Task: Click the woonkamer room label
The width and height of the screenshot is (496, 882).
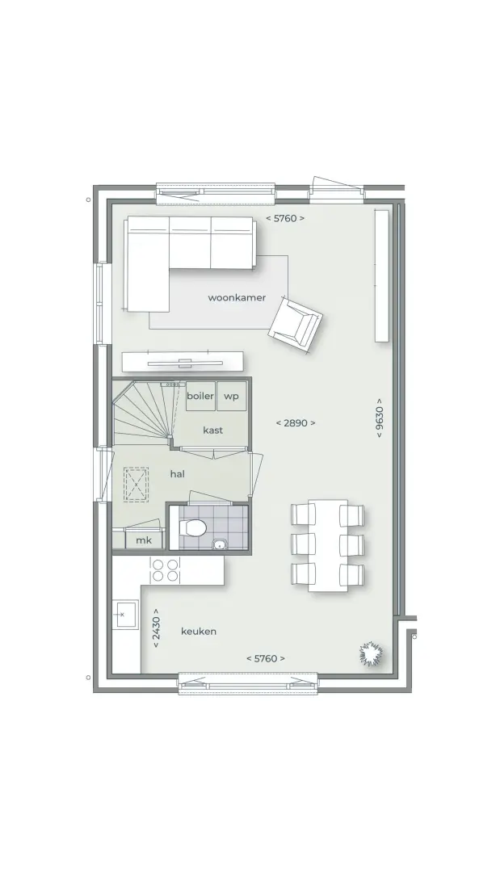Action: point(237,297)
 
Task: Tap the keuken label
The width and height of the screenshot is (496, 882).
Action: point(199,631)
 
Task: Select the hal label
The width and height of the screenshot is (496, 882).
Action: point(177,474)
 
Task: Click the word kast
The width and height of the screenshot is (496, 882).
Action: point(213,430)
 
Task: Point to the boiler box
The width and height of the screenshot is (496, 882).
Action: point(201,396)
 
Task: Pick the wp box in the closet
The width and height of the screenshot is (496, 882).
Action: point(231,396)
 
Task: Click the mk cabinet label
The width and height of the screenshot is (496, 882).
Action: point(144,540)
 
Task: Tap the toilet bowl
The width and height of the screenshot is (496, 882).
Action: point(193,527)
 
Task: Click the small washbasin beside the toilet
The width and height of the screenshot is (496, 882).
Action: point(217,544)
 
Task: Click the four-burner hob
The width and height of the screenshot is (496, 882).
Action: point(166,570)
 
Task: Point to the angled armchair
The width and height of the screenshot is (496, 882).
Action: point(295,325)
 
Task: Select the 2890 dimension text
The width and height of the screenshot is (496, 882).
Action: point(296,423)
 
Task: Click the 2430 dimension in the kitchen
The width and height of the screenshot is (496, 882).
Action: point(157,628)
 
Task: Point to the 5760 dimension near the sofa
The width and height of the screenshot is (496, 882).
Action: point(285,218)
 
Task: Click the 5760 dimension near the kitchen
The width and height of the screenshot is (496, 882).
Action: point(266,658)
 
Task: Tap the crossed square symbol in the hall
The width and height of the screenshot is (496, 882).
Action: point(136,485)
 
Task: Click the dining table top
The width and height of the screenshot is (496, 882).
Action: point(327,545)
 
